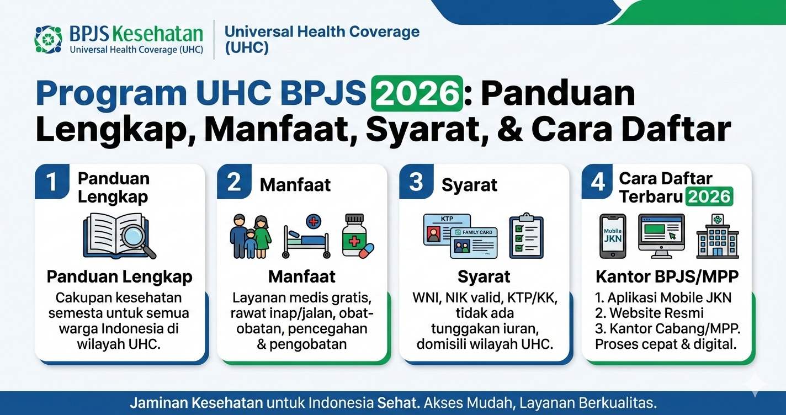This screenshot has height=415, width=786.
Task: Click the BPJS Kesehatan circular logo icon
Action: [48, 40]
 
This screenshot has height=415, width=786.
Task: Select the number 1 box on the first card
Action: [52, 182]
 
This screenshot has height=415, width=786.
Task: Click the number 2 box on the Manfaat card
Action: [234, 182]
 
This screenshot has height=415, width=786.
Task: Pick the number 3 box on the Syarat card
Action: [416, 182]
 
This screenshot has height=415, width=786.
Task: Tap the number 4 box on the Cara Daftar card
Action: [598, 182]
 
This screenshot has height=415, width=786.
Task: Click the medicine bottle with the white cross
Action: [355, 236]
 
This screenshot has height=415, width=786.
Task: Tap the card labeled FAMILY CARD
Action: [474, 243]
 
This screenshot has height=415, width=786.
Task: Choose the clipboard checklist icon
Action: [526, 236]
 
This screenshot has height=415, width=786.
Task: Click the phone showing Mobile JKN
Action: [613, 236]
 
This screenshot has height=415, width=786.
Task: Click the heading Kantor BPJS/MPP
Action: [666, 276]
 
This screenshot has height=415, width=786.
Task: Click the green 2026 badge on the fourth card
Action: [709, 196]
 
